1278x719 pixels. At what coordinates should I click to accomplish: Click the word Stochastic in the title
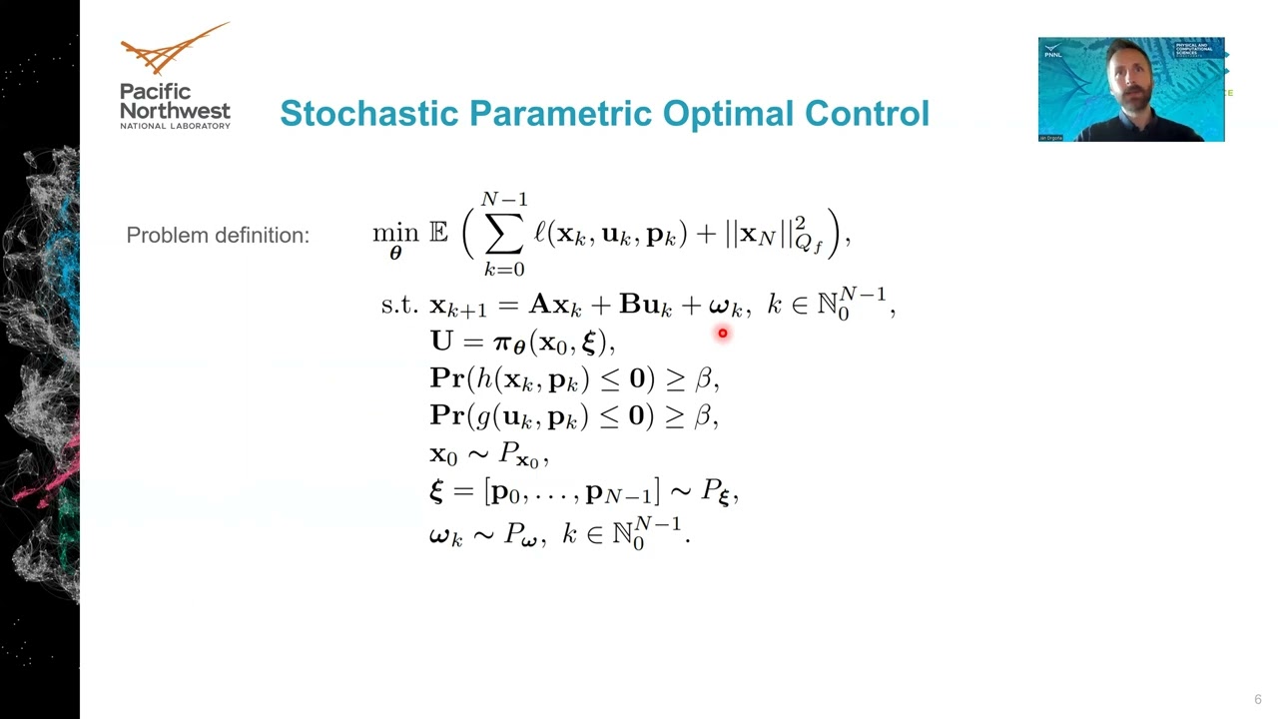369,113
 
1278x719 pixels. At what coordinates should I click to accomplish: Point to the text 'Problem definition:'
218,236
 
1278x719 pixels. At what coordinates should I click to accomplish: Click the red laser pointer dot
722,334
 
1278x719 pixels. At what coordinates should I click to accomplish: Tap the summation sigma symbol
504,235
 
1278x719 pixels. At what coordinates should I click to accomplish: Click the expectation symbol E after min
438,233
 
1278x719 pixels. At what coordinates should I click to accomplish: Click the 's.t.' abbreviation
399,304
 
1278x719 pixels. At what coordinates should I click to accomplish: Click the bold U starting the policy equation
441,341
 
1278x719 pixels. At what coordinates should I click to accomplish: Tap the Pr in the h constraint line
447,378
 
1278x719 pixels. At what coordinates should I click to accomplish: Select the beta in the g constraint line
704,415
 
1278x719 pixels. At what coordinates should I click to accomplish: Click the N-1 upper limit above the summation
504,199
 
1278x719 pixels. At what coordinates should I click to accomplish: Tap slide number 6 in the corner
1258,700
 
